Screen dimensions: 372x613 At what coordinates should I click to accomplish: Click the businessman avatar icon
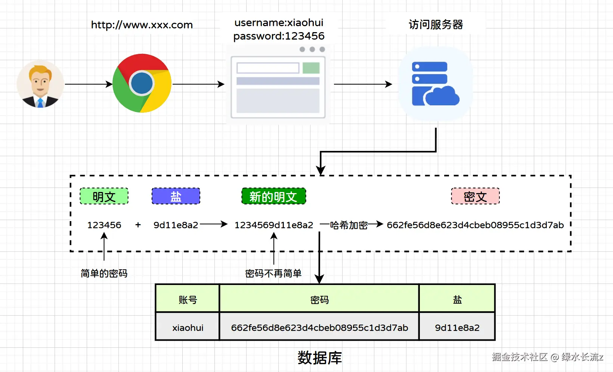[x=40, y=84]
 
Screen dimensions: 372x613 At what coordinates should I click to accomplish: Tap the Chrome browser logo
[x=142, y=83]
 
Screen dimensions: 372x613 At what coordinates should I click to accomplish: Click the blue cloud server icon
[x=435, y=84]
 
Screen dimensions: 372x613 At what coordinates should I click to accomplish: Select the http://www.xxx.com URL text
[x=142, y=25]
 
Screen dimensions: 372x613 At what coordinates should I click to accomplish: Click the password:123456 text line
[x=279, y=36]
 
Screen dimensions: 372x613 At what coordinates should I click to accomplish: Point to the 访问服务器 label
[x=436, y=25]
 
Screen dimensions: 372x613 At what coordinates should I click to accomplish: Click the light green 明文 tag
[x=104, y=196]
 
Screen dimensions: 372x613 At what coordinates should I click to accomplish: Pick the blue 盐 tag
[x=176, y=196]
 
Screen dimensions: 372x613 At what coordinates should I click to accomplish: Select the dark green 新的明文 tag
[x=273, y=196]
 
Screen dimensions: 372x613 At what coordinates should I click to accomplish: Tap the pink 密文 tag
[x=475, y=196]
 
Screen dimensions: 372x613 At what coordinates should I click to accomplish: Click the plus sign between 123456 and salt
[x=138, y=225]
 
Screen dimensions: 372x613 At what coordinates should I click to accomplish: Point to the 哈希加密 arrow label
[x=349, y=225]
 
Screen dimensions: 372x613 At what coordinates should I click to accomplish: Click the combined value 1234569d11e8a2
[x=274, y=225]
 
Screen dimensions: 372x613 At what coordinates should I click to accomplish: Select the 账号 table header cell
[x=188, y=300]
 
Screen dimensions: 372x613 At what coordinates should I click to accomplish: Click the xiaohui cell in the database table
[x=188, y=328]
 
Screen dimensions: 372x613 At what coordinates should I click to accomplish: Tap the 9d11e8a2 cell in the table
[x=457, y=328]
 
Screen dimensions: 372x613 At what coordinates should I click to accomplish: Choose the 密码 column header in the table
[x=319, y=300]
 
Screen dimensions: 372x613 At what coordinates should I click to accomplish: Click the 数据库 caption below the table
[x=319, y=357]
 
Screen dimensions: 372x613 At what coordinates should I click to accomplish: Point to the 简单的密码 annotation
[x=104, y=273]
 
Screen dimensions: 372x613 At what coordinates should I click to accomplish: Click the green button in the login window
[x=311, y=68]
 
